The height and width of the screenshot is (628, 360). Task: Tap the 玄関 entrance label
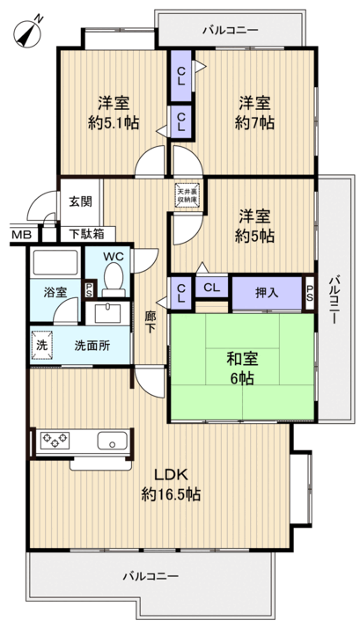(x=80, y=201)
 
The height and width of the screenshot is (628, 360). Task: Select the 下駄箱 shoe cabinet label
(x=86, y=234)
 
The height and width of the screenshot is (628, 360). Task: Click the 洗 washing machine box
(x=40, y=346)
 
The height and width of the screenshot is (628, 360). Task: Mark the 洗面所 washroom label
(x=92, y=346)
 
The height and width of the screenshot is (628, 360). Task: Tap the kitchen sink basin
(x=114, y=442)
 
